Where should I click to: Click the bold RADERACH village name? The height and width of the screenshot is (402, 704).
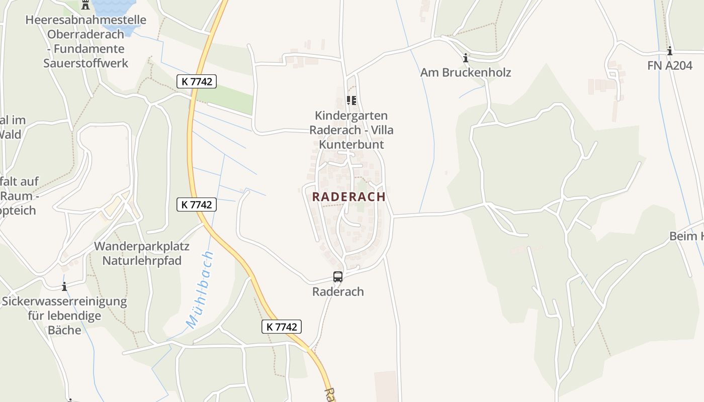tap(349, 196)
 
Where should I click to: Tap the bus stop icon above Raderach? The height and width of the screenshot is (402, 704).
tap(338, 276)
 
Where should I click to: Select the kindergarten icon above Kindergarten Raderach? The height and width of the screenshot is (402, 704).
tap(351, 100)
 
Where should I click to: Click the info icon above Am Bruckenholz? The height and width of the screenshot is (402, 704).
tap(466, 58)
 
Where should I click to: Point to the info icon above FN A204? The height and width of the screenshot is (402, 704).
tap(670, 51)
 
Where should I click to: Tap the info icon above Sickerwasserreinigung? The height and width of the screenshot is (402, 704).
tap(64, 287)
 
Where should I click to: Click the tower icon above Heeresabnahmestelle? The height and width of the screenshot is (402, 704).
tap(85, 5)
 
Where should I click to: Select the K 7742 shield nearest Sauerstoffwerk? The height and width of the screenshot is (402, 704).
tap(197, 81)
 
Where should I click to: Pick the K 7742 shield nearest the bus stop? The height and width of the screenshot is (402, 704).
tap(282, 327)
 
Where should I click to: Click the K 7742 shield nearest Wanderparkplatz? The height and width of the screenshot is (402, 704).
tap(197, 205)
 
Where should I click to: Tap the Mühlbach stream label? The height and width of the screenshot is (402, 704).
tap(200, 290)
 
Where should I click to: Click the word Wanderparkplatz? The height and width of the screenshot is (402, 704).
tap(142, 246)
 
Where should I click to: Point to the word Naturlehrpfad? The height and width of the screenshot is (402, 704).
tap(142, 261)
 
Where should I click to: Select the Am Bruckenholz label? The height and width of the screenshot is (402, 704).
tap(466, 72)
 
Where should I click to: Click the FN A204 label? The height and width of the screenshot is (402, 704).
tap(670, 65)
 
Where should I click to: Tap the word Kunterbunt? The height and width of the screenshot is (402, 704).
tap(351, 145)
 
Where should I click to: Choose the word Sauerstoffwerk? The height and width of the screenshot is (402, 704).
tap(85, 63)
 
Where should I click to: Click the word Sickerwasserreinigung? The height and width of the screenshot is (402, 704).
tap(64, 301)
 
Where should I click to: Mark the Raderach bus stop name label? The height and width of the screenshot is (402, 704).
tap(338, 291)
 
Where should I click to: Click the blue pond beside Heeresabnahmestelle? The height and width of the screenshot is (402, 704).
tap(121, 15)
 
